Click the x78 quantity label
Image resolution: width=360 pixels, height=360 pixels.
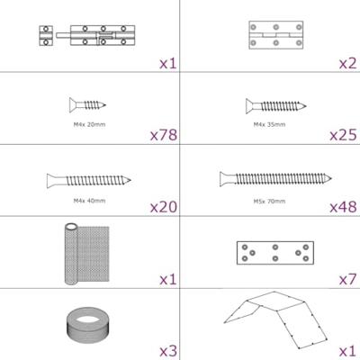coord(164,135)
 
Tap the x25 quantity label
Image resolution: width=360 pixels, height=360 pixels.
coord(343,135)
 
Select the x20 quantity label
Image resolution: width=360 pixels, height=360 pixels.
coord(164,207)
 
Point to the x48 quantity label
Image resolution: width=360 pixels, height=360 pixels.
coord(343,207)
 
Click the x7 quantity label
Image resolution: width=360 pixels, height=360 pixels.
coord(348,280)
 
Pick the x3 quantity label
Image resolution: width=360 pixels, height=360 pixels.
coord(168,351)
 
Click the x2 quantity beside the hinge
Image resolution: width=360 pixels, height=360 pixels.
coord(348,63)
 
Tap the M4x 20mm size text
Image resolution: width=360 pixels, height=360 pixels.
coord(89,124)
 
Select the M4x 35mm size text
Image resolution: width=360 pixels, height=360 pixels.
coord(269,124)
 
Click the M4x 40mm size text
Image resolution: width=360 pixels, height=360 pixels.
coord(89,201)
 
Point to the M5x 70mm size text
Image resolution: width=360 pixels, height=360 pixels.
coord(269,201)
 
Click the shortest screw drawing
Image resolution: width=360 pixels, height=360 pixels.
coord(87,105)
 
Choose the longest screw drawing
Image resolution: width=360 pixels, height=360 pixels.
coord(275,179)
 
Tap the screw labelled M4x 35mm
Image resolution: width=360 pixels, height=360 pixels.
coord(275,106)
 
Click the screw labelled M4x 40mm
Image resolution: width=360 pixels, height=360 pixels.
coord(89,181)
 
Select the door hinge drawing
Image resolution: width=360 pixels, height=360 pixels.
coord(275,35)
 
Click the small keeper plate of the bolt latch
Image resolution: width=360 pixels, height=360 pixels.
coord(46,36)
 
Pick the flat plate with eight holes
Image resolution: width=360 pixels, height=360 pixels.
coord(275,253)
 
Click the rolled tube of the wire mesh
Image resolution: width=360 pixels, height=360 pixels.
coord(71,254)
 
